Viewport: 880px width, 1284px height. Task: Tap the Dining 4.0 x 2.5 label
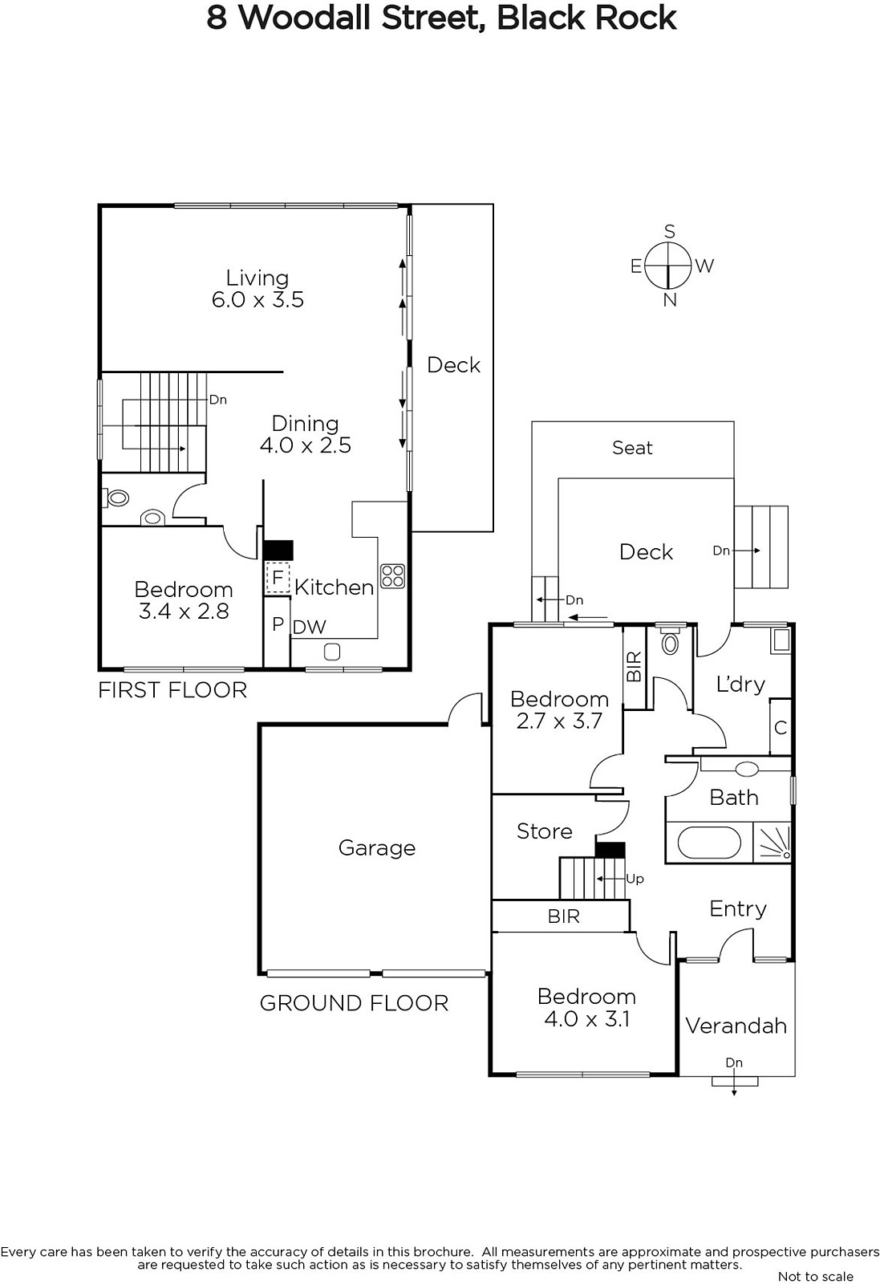point(305,434)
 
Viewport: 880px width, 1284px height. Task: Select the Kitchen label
point(334,587)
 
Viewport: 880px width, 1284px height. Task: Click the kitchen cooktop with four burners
point(392,576)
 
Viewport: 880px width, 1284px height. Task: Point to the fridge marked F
point(278,578)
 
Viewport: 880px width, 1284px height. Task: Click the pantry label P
point(278,624)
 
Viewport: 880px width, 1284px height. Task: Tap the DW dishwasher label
point(310,627)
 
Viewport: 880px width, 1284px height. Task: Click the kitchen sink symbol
point(332,652)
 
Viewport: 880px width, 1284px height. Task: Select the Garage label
point(376,847)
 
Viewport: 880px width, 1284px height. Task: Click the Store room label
point(544,831)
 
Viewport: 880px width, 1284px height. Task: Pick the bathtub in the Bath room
point(708,843)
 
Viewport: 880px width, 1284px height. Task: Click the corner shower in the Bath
point(772,842)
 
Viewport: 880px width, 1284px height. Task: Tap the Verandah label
point(736,1026)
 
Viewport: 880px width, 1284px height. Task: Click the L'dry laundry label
point(740,684)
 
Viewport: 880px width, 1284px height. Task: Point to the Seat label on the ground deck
point(632,447)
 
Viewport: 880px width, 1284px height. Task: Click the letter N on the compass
point(670,300)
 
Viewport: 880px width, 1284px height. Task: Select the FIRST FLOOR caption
point(172,689)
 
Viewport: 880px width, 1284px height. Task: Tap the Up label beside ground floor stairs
point(635,879)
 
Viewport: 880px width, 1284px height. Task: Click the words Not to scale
point(815,1277)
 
